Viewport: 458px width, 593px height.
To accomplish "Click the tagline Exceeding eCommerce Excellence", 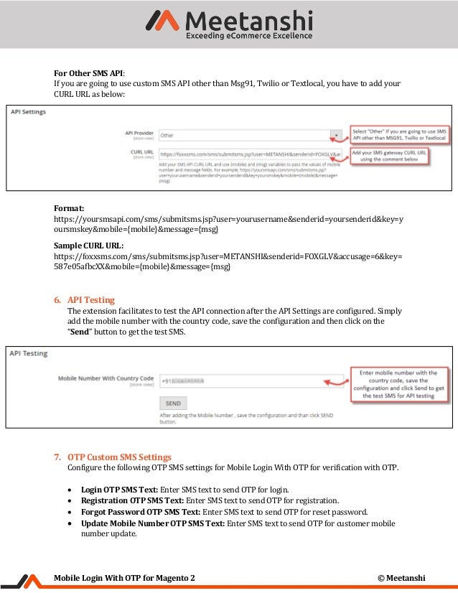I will tap(248, 35).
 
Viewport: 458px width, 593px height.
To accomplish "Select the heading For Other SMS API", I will tap(89, 73).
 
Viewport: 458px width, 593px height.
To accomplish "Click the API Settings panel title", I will tap(28, 112).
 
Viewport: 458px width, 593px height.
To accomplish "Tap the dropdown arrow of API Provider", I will tap(335, 135).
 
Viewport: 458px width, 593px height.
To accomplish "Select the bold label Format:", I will tap(70, 207).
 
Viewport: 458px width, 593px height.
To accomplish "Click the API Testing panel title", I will tap(29, 353).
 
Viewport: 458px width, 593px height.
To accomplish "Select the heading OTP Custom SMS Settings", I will tap(119, 457).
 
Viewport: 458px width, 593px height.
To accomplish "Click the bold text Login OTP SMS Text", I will tap(119, 489).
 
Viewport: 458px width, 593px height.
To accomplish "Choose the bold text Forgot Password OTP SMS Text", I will tap(141, 512).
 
